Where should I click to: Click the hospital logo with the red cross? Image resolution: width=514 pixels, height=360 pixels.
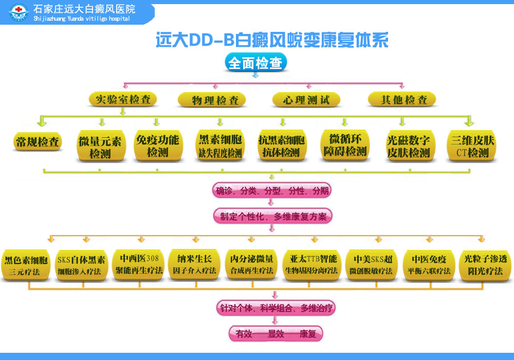click(x=20, y=13)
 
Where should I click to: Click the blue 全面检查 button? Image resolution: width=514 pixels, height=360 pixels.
click(x=255, y=63)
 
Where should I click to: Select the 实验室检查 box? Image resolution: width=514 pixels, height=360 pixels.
click(x=123, y=99)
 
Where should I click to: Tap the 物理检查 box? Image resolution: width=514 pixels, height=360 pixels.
click(x=211, y=100)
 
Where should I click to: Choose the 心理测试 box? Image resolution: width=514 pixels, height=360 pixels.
click(x=306, y=100)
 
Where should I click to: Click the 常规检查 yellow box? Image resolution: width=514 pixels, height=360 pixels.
click(x=38, y=142)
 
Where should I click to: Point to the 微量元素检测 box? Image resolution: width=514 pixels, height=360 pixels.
click(x=100, y=147)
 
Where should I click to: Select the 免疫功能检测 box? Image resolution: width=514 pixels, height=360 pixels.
click(x=157, y=146)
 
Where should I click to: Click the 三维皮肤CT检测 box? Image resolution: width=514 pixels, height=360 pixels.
click(x=472, y=146)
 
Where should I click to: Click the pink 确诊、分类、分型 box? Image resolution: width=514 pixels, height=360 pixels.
click(x=272, y=191)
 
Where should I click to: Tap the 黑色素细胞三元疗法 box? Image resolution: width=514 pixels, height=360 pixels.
click(x=26, y=265)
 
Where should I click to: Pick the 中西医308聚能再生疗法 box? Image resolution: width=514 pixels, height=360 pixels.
click(x=139, y=264)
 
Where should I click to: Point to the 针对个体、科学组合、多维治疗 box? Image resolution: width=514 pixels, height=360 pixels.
click(x=274, y=308)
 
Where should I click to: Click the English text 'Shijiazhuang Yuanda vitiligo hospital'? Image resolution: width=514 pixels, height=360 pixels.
click(x=81, y=19)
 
